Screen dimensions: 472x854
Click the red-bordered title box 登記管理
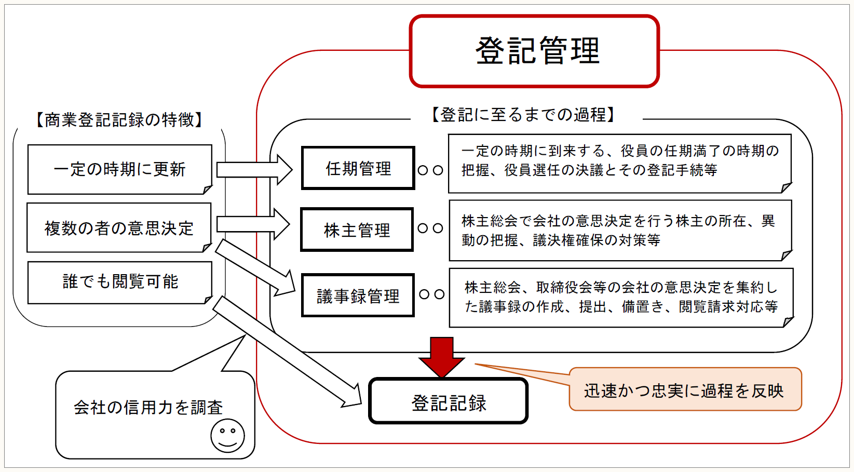(534, 51)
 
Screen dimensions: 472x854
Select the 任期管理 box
(358, 168)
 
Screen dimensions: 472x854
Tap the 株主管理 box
(357, 230)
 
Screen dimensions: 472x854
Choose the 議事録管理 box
(358, 295)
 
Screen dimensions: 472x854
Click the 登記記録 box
(449, 401)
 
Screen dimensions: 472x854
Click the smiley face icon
(227, 435)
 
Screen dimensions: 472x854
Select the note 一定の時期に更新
(119, 169)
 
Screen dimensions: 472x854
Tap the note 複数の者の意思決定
(119, 228)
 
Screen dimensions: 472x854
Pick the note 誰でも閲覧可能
(120, 282)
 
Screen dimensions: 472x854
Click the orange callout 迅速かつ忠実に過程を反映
(685, 390)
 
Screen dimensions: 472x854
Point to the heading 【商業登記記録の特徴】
(119, 120)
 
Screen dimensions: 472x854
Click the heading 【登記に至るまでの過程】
(523, 114)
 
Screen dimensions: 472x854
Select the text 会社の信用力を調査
(148, 408)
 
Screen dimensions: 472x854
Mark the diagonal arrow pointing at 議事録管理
(255, 267)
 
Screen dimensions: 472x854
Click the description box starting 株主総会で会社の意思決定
(619, 230)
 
